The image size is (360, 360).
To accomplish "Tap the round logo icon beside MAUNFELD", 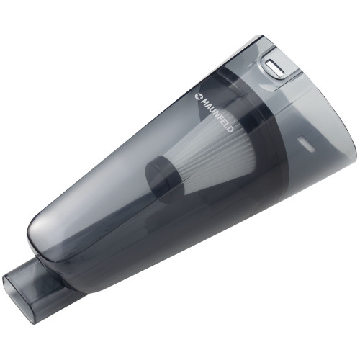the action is tap(198, 96).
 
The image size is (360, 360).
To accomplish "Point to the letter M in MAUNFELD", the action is tap(204, 99).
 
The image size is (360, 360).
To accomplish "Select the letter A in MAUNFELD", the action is tap(207, 104).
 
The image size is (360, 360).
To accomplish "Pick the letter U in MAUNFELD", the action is tap(211, 108).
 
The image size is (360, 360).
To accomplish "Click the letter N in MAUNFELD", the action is tap(215, 112).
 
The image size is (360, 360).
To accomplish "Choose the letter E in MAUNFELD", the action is tap(222, 121).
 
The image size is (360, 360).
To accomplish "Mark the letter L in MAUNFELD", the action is tap(225, 125).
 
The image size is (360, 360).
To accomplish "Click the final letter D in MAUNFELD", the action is tap(230, 129).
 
